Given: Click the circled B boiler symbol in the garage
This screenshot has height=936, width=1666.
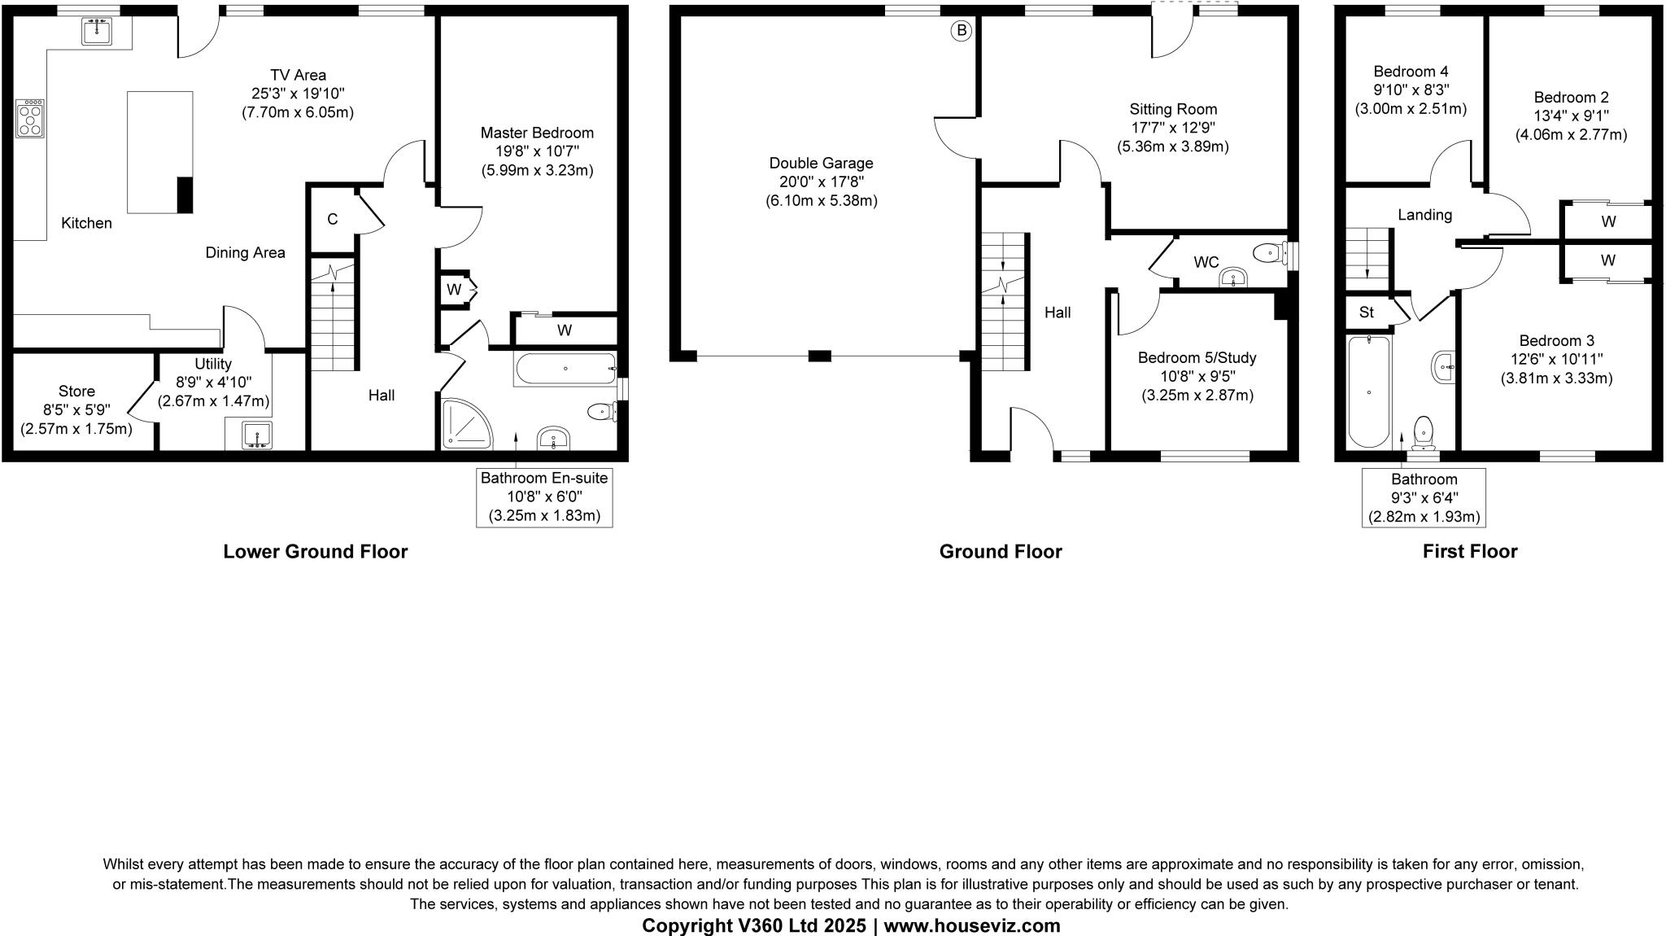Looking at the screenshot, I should point(962,31).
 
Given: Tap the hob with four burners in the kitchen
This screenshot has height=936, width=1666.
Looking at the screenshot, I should point(30,119).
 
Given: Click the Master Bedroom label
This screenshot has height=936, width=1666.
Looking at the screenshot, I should point(537,133).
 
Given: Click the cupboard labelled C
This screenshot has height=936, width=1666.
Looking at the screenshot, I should point(333,219).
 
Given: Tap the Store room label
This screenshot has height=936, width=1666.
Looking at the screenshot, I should point(76,391).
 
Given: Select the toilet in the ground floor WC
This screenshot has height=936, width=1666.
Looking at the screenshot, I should point(1268,254).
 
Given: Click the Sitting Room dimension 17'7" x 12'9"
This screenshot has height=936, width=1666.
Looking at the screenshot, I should point(1173,128).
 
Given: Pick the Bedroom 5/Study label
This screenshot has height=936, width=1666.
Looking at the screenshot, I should point(1197,358).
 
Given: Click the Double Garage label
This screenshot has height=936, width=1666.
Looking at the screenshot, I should point(821,164).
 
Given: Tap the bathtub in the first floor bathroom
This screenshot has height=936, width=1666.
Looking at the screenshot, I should point(1369,391).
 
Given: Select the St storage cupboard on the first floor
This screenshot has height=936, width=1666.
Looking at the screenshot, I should point(1367,313).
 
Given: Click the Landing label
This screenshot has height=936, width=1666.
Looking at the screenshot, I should point(1424,215).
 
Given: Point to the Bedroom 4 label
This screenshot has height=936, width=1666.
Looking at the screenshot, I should point(1411,72).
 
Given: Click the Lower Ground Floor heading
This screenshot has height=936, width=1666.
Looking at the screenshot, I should point(316,552).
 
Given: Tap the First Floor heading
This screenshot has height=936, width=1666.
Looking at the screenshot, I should point(1469,552).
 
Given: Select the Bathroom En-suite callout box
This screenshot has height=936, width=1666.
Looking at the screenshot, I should point(543,496).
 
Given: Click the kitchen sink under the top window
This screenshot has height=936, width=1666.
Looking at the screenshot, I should point(97,32).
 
